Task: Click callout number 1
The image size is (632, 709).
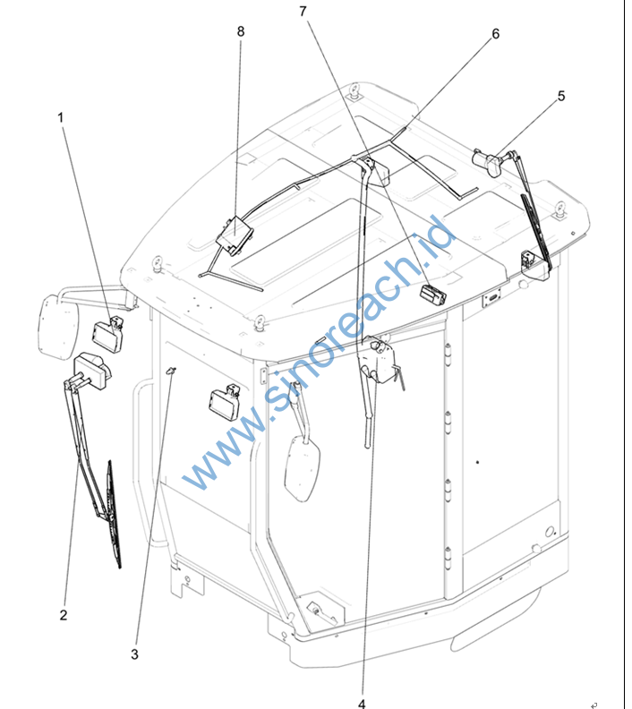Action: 61,117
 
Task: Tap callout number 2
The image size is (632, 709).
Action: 64,615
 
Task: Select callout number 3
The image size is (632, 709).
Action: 134,654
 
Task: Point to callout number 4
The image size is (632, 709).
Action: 362,704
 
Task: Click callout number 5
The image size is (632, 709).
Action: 561,96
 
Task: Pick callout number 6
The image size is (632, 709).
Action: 495,34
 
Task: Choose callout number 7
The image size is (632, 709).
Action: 303,12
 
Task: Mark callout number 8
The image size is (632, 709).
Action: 241,31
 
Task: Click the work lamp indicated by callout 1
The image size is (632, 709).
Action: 108,335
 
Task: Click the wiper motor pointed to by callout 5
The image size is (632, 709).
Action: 488,162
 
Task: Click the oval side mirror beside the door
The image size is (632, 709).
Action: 303,467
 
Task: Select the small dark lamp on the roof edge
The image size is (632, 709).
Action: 432,295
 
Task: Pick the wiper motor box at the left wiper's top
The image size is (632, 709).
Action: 93,370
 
